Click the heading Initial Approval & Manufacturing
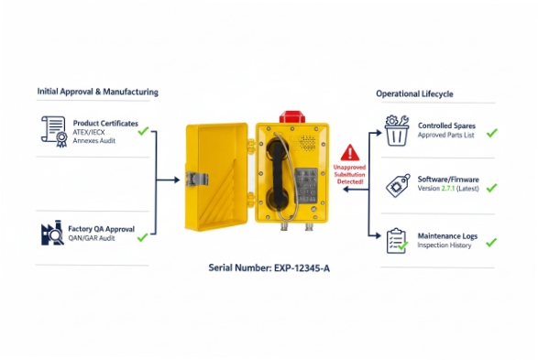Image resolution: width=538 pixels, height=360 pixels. point(97,92)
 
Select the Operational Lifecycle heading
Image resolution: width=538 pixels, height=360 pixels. point(414,93)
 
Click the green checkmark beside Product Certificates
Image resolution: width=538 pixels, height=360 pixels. point(143,131)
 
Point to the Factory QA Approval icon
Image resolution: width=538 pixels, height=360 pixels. point(53,233)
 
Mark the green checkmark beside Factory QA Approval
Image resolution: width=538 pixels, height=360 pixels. point(143,237)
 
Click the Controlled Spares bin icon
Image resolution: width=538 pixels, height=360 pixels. point(396,131)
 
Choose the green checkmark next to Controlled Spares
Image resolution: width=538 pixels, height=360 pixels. point(491,132)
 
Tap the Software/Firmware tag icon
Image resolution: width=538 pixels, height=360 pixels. point(396,185)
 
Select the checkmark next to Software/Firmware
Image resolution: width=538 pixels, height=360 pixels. point(491,187)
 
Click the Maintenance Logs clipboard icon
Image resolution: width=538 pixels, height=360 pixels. point(396,240)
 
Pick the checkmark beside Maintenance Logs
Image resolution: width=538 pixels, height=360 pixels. point(491,242)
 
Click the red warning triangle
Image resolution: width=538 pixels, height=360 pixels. point(349,153)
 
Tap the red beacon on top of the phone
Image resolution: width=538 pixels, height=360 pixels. point(291,116)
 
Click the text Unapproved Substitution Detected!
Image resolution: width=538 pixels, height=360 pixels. point(348,175)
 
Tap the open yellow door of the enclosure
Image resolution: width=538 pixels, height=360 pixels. point(216,180)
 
